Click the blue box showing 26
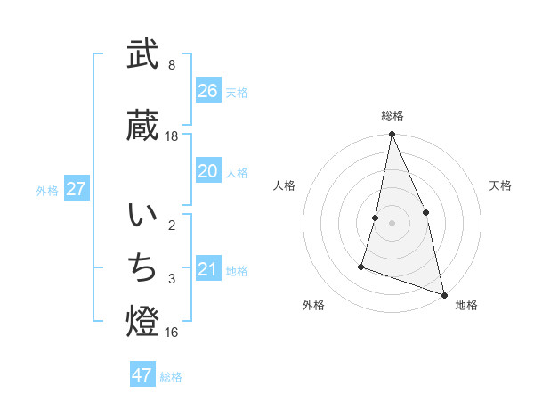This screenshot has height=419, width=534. [x=208, y=91]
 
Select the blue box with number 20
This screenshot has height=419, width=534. [x=208, y=171]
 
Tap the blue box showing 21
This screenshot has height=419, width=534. [x=208, y=269]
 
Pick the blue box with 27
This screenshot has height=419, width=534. [x=77, y=189]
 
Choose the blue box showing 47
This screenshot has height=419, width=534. [x=142, y=375]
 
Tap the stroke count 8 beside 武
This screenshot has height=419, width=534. [x=172, y=65]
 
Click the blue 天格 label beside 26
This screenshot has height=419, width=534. [x=237, y=92]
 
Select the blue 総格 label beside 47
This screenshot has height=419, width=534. [x=171, y=376]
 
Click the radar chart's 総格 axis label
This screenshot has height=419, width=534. [x=392, y=116]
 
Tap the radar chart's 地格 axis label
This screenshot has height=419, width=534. [x=466, y=305]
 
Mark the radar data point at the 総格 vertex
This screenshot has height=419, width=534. [x=392, y=135]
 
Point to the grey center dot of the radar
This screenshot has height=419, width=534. [x=392, y=223]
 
